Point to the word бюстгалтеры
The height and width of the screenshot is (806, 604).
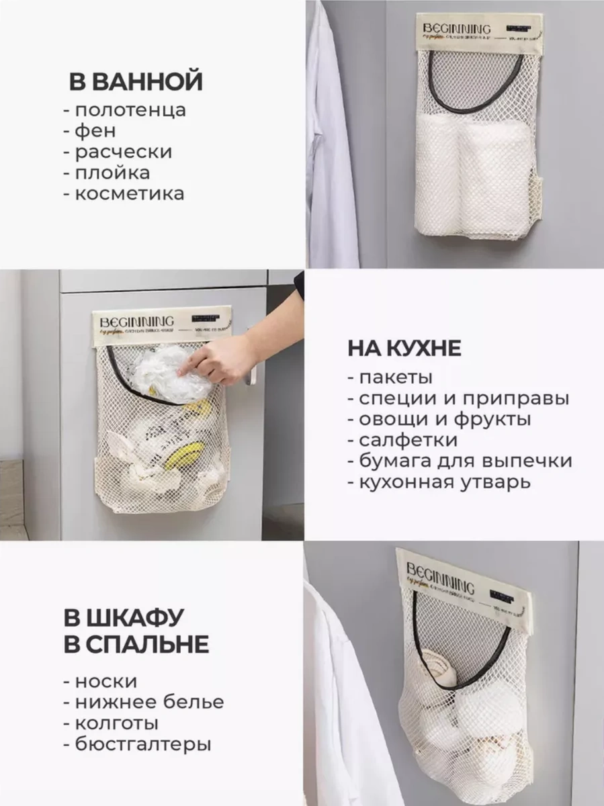click(x=142, y=744)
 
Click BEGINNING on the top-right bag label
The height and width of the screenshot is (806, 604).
click(x=458, y=29)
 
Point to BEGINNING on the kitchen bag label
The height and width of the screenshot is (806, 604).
click(x=137, y=319)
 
